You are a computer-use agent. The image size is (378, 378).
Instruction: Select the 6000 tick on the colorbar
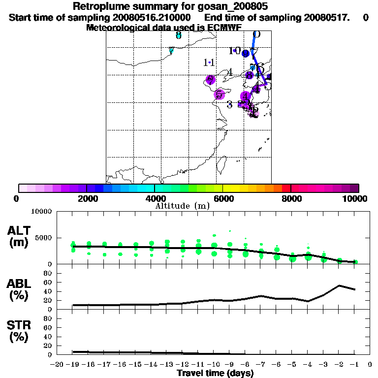(x=222, y=198)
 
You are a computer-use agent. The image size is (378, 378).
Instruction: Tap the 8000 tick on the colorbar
(x=291, y=198)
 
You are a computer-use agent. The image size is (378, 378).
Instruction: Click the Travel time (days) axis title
(x=215, y=373)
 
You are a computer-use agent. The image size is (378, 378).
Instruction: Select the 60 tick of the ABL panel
(x=48, y=282)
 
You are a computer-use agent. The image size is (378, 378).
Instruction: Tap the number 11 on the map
(x=209, y=63)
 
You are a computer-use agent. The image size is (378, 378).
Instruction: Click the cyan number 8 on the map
(x=178, y=35)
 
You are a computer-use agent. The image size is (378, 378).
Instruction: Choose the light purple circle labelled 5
(x=220, y=94)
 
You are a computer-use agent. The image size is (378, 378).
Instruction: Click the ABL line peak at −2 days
(x=339, y=285)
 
